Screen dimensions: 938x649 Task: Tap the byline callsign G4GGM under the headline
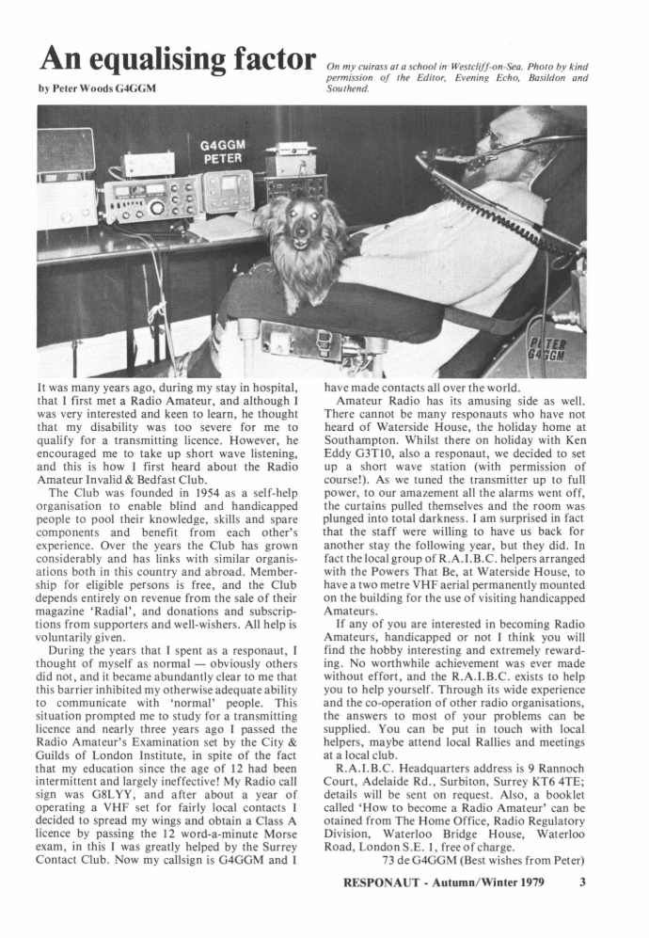(135, 88)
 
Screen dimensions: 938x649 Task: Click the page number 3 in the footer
(583, 882)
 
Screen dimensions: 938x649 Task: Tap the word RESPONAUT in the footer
(380, 882)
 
